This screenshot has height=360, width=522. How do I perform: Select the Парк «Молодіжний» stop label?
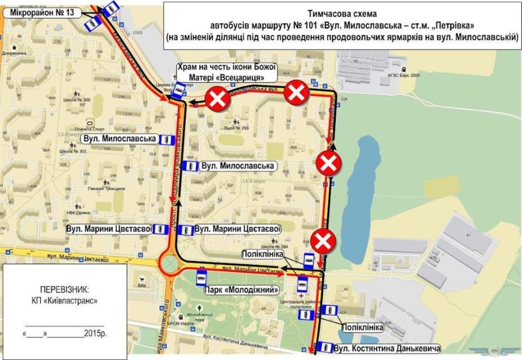coord(238,289)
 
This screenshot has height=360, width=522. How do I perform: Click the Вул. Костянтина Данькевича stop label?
coord(387,349)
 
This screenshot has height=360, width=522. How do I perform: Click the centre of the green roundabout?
coord(169,265)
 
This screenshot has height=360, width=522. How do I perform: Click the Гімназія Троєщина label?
coord(108,187)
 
